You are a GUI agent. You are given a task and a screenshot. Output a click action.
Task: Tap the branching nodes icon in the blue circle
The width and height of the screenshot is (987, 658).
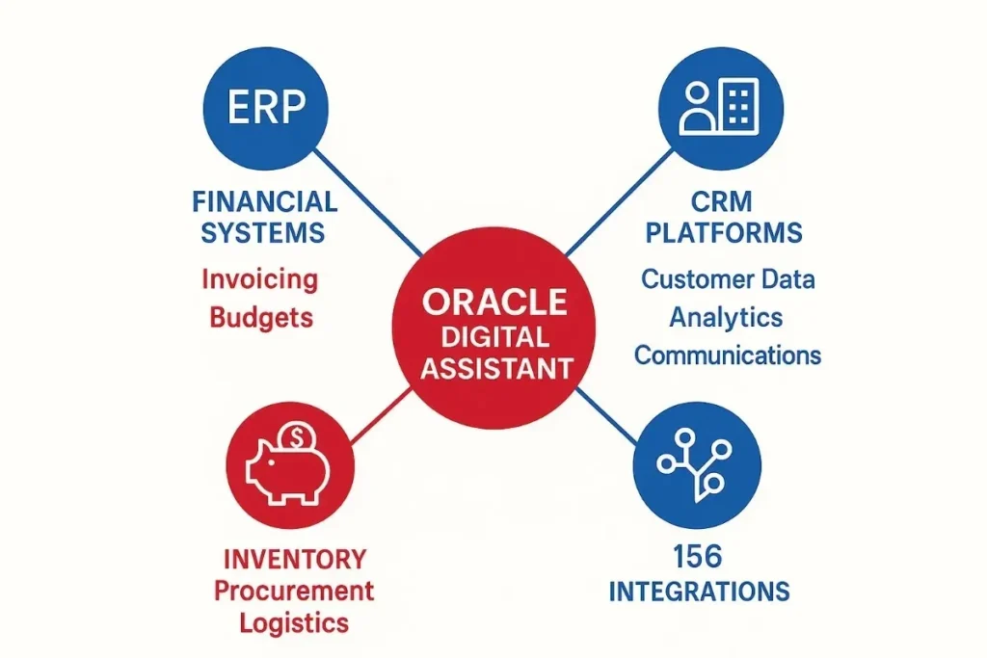696,463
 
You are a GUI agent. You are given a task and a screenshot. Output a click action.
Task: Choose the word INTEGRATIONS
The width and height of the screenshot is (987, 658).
699,590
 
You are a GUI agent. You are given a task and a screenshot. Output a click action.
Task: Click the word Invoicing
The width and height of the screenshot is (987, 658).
259,280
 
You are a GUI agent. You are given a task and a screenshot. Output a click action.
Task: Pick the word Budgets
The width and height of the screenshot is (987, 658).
261,317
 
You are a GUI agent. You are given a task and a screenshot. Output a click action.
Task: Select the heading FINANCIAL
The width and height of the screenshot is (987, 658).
264,202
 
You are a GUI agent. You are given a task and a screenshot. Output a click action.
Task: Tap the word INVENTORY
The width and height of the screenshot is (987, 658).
294,558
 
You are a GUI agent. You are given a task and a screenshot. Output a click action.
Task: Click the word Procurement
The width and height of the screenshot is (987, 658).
294,590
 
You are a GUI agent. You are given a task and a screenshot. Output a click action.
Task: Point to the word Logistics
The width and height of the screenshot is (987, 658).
294,622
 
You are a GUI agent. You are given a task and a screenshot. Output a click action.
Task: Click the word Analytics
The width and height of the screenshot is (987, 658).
727,317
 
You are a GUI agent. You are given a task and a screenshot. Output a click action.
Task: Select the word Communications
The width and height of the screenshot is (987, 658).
727,355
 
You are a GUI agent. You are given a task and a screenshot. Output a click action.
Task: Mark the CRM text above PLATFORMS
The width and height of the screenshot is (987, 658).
720,202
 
